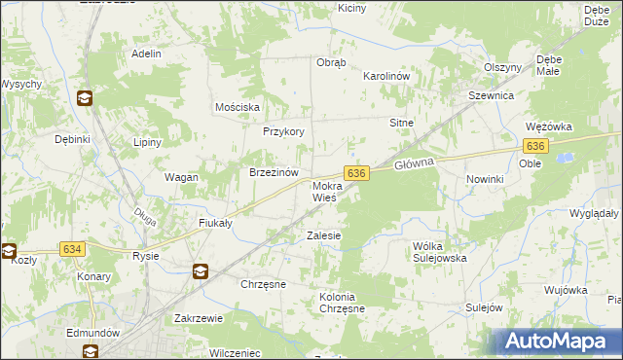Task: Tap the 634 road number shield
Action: pyautogui.click(x=73, y=249)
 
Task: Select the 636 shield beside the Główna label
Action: pyautogui.click(x=357, y=172)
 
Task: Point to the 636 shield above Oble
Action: pyautogui.click(x=534, y=145)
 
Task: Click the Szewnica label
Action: pyautogui.click(x=491, y=96)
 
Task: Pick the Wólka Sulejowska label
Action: pyautogui.click(x=440, y=252)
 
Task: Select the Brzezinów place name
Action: pyautogui.click(x=273, y=171)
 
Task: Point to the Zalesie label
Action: pyautogui.click(x=323, y=235)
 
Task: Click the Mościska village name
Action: pyautogui.click(x=237, y=106)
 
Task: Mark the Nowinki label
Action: pyautogui.click(x=484, y=180)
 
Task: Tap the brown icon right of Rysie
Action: pyautogui.click(x=200, y=271)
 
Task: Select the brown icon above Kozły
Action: pyautogui.click(x=9, y=249)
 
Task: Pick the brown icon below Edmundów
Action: pyautogui.click(x=90, y=351)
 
